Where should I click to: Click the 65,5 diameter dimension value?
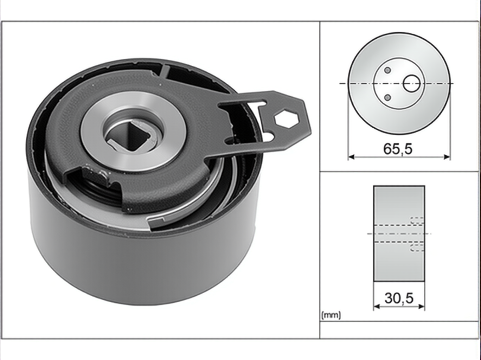click(x=398, y=149)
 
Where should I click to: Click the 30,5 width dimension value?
click(x=399, y=298)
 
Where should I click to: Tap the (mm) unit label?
click(x=331, y=315)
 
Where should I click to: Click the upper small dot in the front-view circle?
click(x=388, y=70)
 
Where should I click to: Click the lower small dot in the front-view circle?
click(x=388, y=97)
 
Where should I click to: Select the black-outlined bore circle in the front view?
click(x=411, y=83)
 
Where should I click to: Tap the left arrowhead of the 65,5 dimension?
click(x=351, y=157)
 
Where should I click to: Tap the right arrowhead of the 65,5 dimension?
click(x=447, y=157)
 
